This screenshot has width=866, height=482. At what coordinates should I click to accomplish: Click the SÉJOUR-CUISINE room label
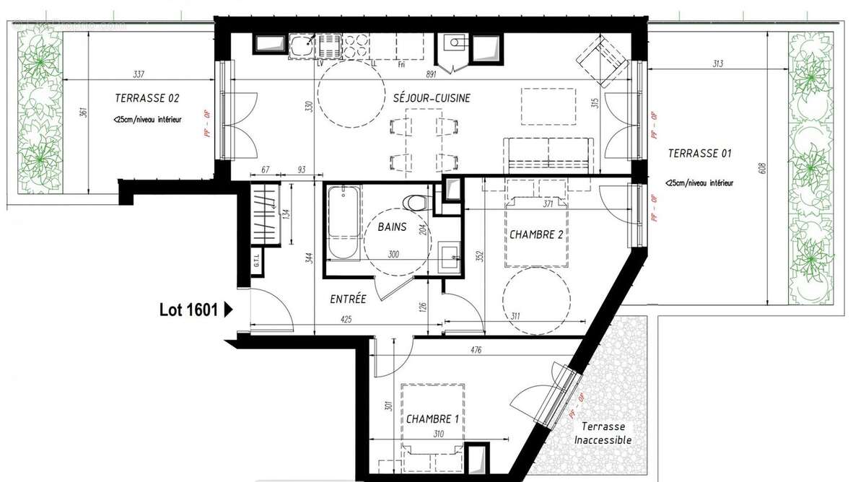432,98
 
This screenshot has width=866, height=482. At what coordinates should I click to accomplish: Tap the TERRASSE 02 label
146,98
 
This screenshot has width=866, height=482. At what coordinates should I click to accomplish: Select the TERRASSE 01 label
699,153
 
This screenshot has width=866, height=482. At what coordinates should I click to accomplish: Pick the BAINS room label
392,227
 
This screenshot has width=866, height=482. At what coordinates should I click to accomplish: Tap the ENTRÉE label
349,299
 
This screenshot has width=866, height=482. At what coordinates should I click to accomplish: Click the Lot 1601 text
188,310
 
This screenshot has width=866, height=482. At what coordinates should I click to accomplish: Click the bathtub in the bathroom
342,224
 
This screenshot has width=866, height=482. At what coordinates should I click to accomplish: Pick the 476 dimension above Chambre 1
475,351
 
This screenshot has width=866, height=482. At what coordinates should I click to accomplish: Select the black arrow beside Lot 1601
229,310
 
